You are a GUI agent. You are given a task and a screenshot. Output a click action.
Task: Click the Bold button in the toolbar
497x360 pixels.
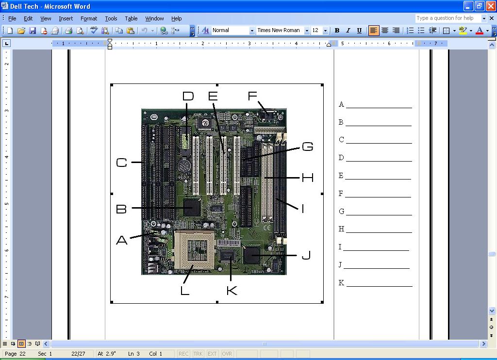pos(337,31)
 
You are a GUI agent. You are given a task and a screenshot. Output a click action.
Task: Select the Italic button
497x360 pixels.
pos(348,31)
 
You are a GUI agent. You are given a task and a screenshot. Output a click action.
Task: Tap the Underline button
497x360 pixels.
pos(359,31)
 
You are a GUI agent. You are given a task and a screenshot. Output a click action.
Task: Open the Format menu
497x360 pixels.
pos(89,18)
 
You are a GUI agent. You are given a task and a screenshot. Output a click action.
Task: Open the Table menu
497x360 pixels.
pos(131,18)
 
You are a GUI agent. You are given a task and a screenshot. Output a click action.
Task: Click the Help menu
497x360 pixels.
pos(176,18)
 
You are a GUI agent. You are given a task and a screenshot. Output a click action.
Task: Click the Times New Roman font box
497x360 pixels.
pos(279,31)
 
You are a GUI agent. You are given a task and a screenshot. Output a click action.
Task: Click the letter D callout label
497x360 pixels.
pos(188,96)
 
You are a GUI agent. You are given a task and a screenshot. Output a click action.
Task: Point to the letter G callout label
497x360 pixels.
pos(307,147)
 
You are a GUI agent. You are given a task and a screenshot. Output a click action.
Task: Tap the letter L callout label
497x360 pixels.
pos(184,290)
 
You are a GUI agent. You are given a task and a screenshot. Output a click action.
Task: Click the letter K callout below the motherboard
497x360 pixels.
pos(232,290)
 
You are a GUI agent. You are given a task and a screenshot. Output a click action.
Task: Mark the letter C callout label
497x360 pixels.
pos(121,163)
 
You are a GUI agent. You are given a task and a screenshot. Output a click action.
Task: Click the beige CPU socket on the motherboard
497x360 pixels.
pos(194,250)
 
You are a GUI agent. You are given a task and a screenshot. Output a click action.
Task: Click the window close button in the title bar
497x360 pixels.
pos(491,6)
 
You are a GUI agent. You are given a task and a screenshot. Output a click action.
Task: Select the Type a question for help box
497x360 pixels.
pos(448,18)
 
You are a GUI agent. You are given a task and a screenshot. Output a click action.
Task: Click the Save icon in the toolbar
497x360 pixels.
pos(33,31)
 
